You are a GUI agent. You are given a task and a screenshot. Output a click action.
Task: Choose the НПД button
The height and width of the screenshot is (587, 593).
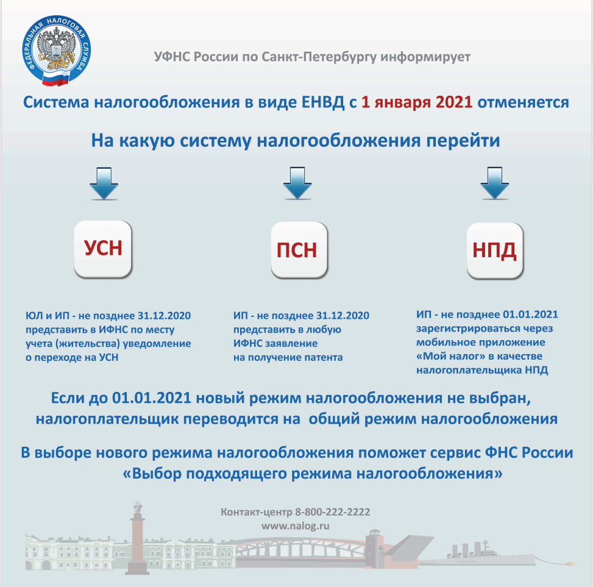[495, 250]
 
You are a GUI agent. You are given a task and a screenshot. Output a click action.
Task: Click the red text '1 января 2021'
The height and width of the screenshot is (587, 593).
[416, 102]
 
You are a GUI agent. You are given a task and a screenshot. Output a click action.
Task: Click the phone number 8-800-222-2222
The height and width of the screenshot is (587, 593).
[332, 513]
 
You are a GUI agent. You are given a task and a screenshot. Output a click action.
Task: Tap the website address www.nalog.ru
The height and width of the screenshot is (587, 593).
[296, 525]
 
